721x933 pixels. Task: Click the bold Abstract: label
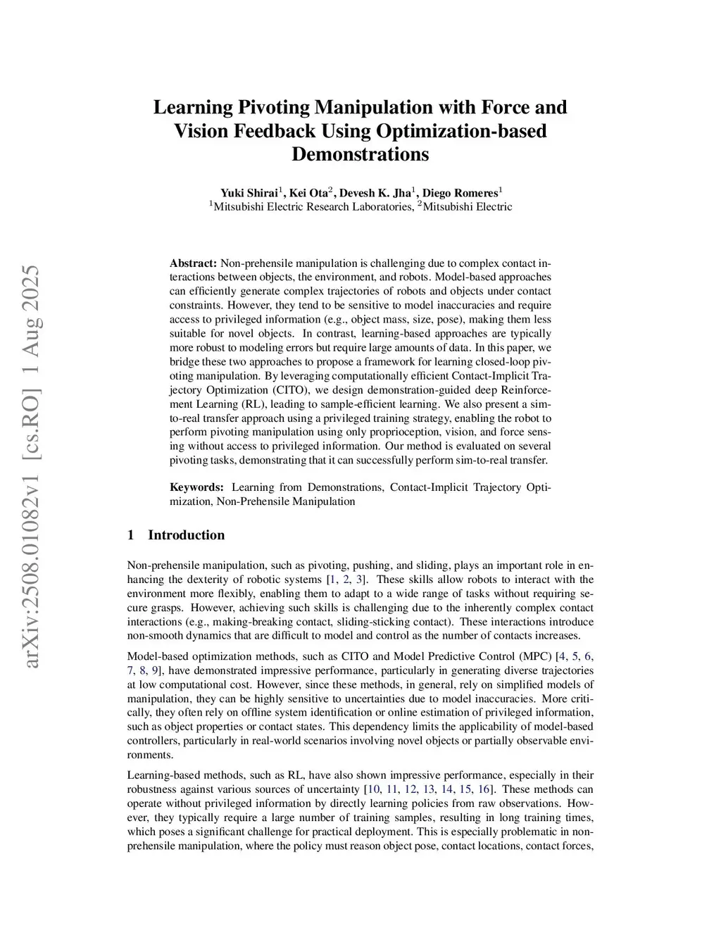tap(193, 263)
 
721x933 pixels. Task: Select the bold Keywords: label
tap(196, 487)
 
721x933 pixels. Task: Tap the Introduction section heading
tap(186, 535)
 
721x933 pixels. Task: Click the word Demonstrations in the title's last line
tap(360, 154)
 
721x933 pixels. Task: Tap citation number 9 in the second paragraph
tap(155, 670)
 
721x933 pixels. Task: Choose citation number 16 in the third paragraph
tap(484, 789)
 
